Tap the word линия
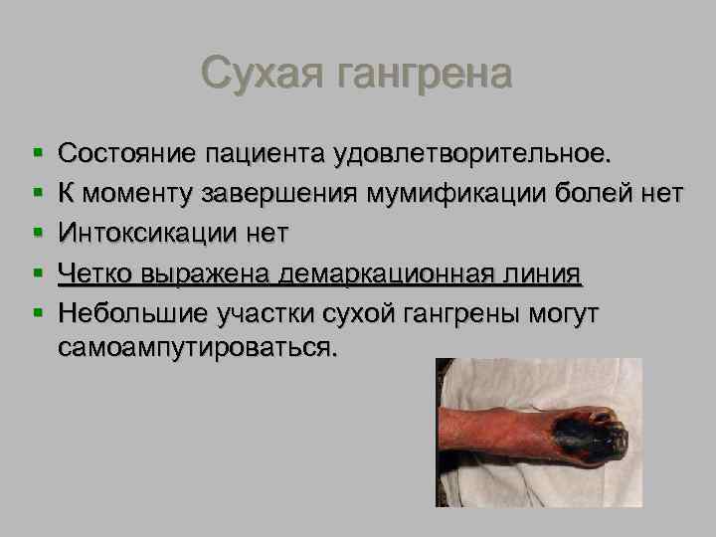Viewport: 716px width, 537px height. [x=547, y=273]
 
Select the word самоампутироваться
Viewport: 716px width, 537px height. [x=199, y=349]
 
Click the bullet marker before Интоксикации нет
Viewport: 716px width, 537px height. [x=37, y=234]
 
